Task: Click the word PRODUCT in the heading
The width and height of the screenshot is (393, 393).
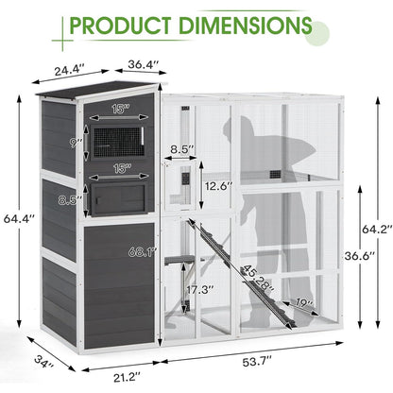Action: (x=121, y=26)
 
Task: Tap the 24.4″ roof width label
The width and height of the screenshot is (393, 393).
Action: (x=69, y=70)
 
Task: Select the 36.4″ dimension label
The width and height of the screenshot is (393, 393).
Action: (x=144, y=64)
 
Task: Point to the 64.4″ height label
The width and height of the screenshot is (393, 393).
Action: (x=19, y=218)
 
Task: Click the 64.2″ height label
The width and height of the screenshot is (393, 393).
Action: (x=377, y=229)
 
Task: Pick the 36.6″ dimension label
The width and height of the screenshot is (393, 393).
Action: (x=359, y=255)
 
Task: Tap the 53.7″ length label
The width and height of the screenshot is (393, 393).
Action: (x=257, y=362)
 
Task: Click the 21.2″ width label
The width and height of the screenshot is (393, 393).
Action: (x=127, y=377)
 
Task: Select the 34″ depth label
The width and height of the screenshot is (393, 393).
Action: (x=44, y=362)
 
